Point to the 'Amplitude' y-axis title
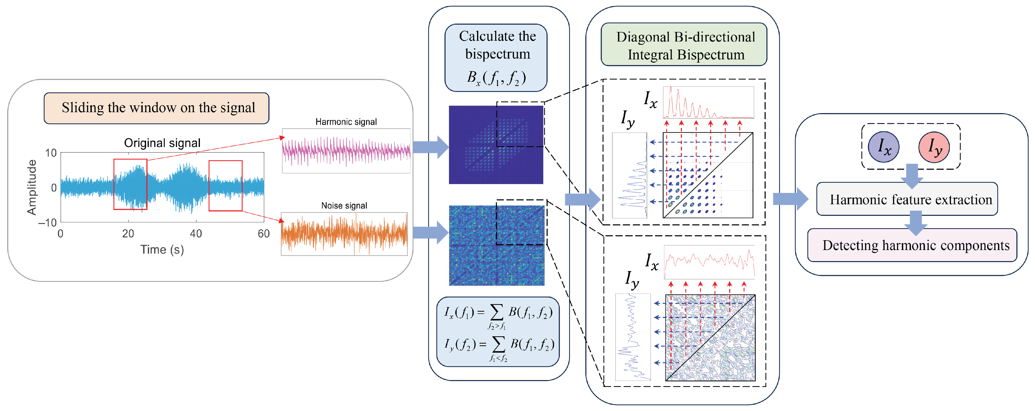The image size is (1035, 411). coord(31,187)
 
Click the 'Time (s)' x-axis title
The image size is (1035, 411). coord(162,250)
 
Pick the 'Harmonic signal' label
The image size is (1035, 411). coord(346,122)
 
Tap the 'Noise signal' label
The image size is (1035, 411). coord(344,206)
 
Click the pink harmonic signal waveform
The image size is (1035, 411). coord(346,151)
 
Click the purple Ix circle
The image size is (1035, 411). coord(884,147)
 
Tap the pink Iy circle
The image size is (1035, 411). coord(934,147)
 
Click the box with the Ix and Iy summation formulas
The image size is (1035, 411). coord(498,332)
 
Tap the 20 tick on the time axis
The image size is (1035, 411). coord(128,233)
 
